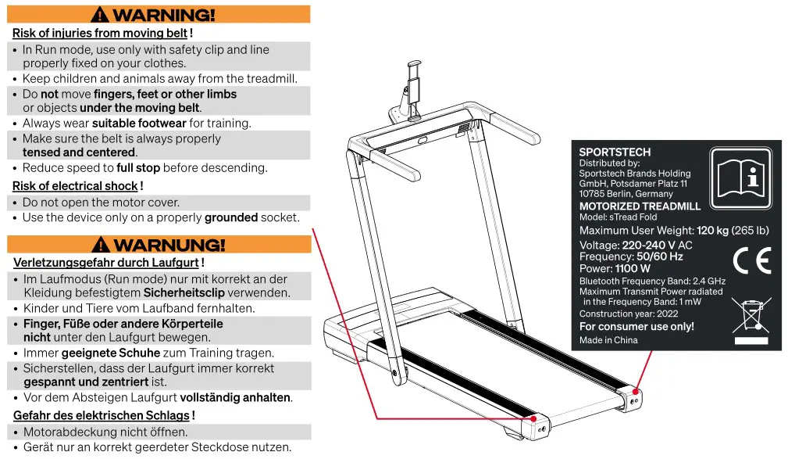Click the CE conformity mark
752,260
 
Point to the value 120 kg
712,231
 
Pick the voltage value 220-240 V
648,245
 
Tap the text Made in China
608,340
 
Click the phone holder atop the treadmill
412,86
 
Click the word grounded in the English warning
230,217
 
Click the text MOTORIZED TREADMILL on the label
640,206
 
